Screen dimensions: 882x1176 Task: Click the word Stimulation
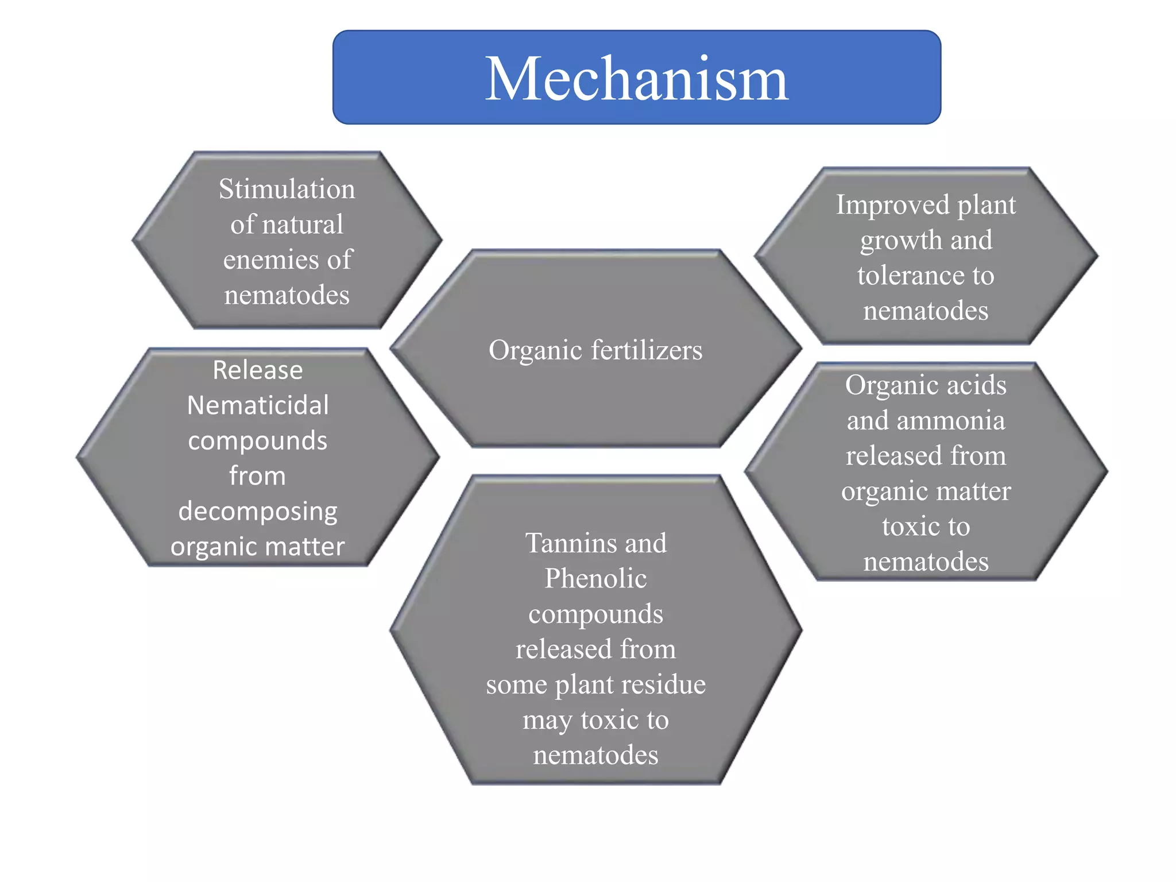(x=287, y=189)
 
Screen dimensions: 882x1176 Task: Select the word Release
(x=258, y=370)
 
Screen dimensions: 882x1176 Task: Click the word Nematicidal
(x=258, y=406)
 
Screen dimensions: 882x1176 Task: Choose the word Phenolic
(x=595, y=579)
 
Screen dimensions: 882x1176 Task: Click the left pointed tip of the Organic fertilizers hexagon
(x=393, y=348)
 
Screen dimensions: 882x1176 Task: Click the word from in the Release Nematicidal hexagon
(x=258, y=477)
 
